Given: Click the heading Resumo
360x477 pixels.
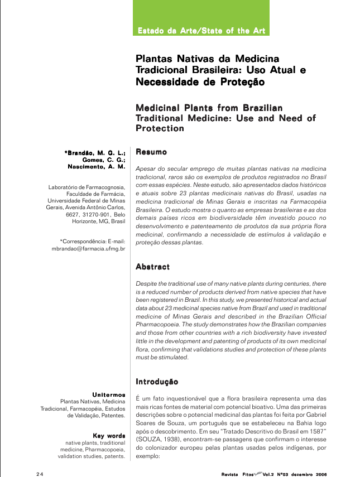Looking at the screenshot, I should pos(151,152).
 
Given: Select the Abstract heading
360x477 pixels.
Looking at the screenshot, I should pos(153,267).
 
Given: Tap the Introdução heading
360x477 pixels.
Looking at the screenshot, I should pos(157,382).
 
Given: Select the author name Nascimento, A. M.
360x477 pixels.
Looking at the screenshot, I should pos(97,167).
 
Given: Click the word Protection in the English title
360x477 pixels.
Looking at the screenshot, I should pos(160,128).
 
